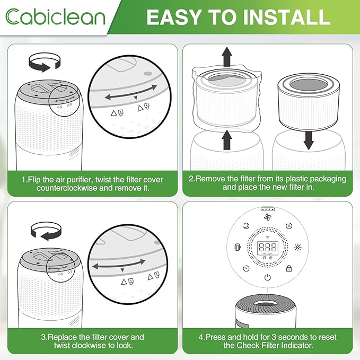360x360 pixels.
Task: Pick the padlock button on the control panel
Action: tap(289, 269)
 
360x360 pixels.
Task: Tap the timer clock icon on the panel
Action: tap(247, 268)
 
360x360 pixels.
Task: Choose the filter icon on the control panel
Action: tap(236, 247)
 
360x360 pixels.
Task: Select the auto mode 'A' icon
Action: tap(289, 225)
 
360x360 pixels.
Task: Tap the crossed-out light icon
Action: tap(298, 247)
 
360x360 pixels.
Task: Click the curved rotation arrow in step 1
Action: tap(42, 64)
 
